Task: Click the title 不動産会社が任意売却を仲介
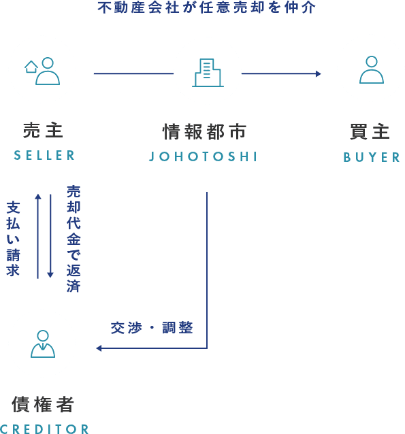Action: (x=206, y=7)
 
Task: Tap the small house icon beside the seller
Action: (x=31, y=67)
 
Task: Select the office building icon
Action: (x=208, y=73)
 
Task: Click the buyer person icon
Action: (x=372, y=70)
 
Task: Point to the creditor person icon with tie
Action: (x=43, y=344)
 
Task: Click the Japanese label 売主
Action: (x=43, y=131)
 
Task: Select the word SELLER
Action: (x=44, y=155)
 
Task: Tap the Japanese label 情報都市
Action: (x=204, y=131)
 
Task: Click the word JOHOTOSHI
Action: (x=203, y=156)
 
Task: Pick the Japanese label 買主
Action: (x=370, y=131)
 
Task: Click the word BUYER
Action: (x=372, y=157)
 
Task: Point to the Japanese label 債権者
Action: (x=43, y=404)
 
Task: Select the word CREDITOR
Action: (x=44, y=429)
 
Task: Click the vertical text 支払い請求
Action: (x=13, y=239)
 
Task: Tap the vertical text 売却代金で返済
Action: (x=74, y=239)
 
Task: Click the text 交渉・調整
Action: (x=152, y=328)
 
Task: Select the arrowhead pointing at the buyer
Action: (x=319, y=73)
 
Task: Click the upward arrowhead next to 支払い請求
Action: (x=38, y=197)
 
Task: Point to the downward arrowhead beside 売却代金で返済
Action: (x=50, y=275)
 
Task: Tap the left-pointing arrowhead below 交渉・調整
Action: (x=99, y=348)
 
